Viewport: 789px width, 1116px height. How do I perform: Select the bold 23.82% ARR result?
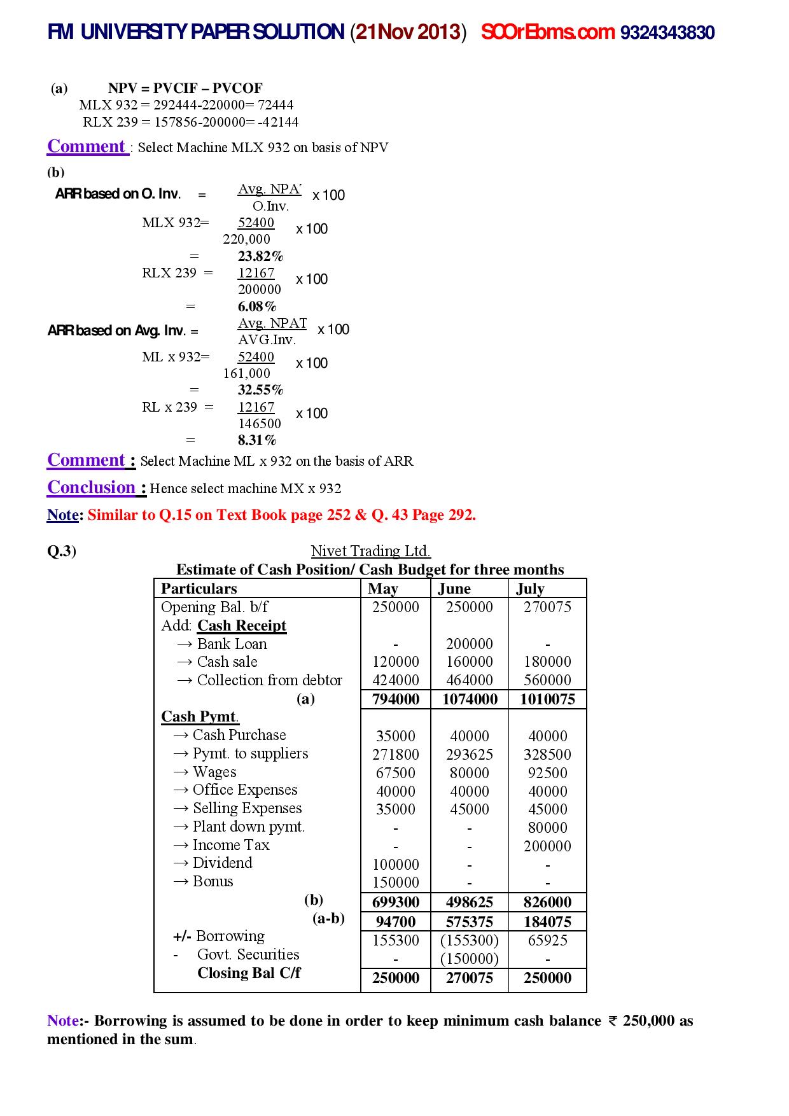pos(260,256)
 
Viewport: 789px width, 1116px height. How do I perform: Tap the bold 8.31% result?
pos(257,440)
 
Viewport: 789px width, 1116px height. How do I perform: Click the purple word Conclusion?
pos(92,487)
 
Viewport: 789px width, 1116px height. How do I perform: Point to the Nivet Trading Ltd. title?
pos(370,551)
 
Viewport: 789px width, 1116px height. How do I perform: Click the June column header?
pos(454,589)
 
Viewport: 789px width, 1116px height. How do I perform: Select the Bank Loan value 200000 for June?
pos(470,644)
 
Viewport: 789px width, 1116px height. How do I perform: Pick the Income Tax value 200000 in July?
pos(547,846)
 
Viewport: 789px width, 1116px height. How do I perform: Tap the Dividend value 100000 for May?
pos(396,865)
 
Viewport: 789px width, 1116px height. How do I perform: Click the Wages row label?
pos(214,772)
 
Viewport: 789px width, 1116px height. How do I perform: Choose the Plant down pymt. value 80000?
pos(547,828)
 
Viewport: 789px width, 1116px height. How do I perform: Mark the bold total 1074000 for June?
pos(470,700)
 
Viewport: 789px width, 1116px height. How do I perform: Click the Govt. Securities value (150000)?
pos(470,959)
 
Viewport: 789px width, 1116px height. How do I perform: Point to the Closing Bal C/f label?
pos(249,973)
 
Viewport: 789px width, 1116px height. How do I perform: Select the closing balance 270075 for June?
pos(470,978)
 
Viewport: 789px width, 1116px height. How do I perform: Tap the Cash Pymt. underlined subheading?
pos(199,717)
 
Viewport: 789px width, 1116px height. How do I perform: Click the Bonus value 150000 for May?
pos(396,882)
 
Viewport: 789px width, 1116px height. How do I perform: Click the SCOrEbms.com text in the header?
pos(547,32)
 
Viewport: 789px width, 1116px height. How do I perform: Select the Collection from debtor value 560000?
pos(547,680)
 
